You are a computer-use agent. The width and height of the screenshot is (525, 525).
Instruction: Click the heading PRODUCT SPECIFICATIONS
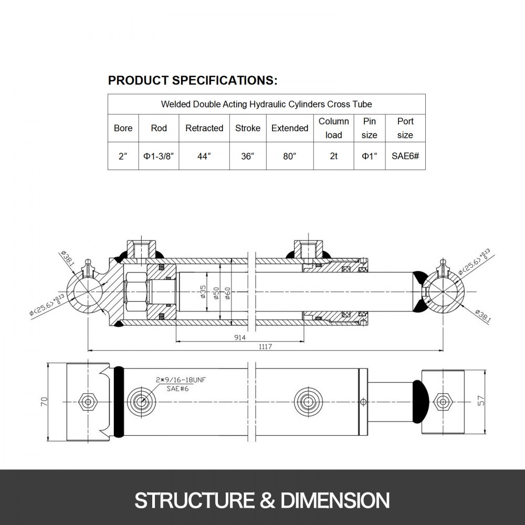(x=192, y=80)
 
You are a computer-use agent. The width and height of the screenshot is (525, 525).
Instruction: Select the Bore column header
(x=123, y=128)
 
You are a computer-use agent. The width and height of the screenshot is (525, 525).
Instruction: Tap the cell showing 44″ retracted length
(x=204, y=156)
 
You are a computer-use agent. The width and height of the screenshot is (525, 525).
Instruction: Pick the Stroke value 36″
(x=248, y=156)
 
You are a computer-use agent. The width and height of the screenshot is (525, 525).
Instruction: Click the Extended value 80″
(x=290, y=156)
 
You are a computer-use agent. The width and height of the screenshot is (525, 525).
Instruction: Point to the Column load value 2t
(x=333, y=156)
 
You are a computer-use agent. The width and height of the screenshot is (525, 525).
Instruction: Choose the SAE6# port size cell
(x=405, y=156)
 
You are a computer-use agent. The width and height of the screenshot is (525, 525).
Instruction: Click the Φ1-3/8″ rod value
(x=159, y=156)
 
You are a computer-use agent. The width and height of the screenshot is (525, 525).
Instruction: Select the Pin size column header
(x=370, y=128)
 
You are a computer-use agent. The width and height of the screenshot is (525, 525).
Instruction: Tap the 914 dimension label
(x=240, y=338)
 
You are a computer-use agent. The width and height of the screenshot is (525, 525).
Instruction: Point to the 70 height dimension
(x=44, y=402)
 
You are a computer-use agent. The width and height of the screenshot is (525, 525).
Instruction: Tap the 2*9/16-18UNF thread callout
(x=176, y=379)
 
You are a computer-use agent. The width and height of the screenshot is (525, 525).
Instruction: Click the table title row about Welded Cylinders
(x=266, y=104)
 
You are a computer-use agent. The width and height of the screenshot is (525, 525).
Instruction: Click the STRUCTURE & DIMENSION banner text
(x=262, y=499)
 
